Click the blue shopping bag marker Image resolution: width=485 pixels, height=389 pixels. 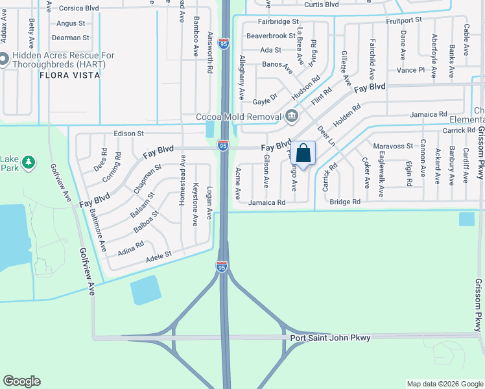coord(303,154)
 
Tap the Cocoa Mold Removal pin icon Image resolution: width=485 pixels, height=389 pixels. coord(291,117)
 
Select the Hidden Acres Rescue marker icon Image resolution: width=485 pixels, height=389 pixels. coord(3,60)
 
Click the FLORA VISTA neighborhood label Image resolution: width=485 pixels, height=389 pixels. coord(70,75)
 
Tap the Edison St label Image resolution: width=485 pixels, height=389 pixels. coord(128,134)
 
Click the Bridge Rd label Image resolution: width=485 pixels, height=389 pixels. coord(345,202)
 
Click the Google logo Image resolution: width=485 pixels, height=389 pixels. coord(22,381)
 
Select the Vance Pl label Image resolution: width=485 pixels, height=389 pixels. coord(410,69)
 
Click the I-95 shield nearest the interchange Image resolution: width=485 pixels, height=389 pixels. coord(221,266)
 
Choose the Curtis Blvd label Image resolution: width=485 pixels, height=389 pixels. coord(322,4)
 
